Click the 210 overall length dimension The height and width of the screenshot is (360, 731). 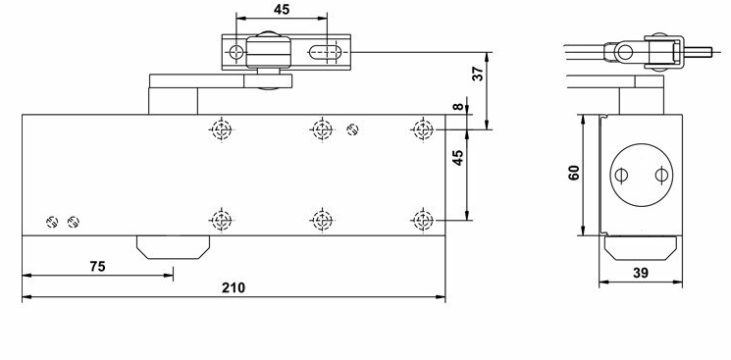point(234,287)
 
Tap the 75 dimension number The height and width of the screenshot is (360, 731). point(97,266)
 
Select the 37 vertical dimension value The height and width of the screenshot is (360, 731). point(478,74)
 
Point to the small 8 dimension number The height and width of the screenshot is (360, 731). point(459,106)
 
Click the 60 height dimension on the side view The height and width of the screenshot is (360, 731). point(573,173)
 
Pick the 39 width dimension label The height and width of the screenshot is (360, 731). point(641,274)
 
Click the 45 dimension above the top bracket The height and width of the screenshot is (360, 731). point(282,10)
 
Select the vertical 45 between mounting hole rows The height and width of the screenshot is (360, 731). point(459,158)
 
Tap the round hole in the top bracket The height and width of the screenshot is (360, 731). point(236,52)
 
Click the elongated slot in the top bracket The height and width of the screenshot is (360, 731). point(326,52)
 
